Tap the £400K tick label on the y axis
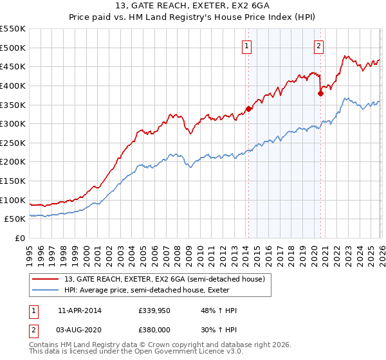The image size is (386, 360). point(13,85)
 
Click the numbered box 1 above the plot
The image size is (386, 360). point(248,45)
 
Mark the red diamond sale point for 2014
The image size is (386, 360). point(248,109)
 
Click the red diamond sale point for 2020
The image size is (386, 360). point(320,93)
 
